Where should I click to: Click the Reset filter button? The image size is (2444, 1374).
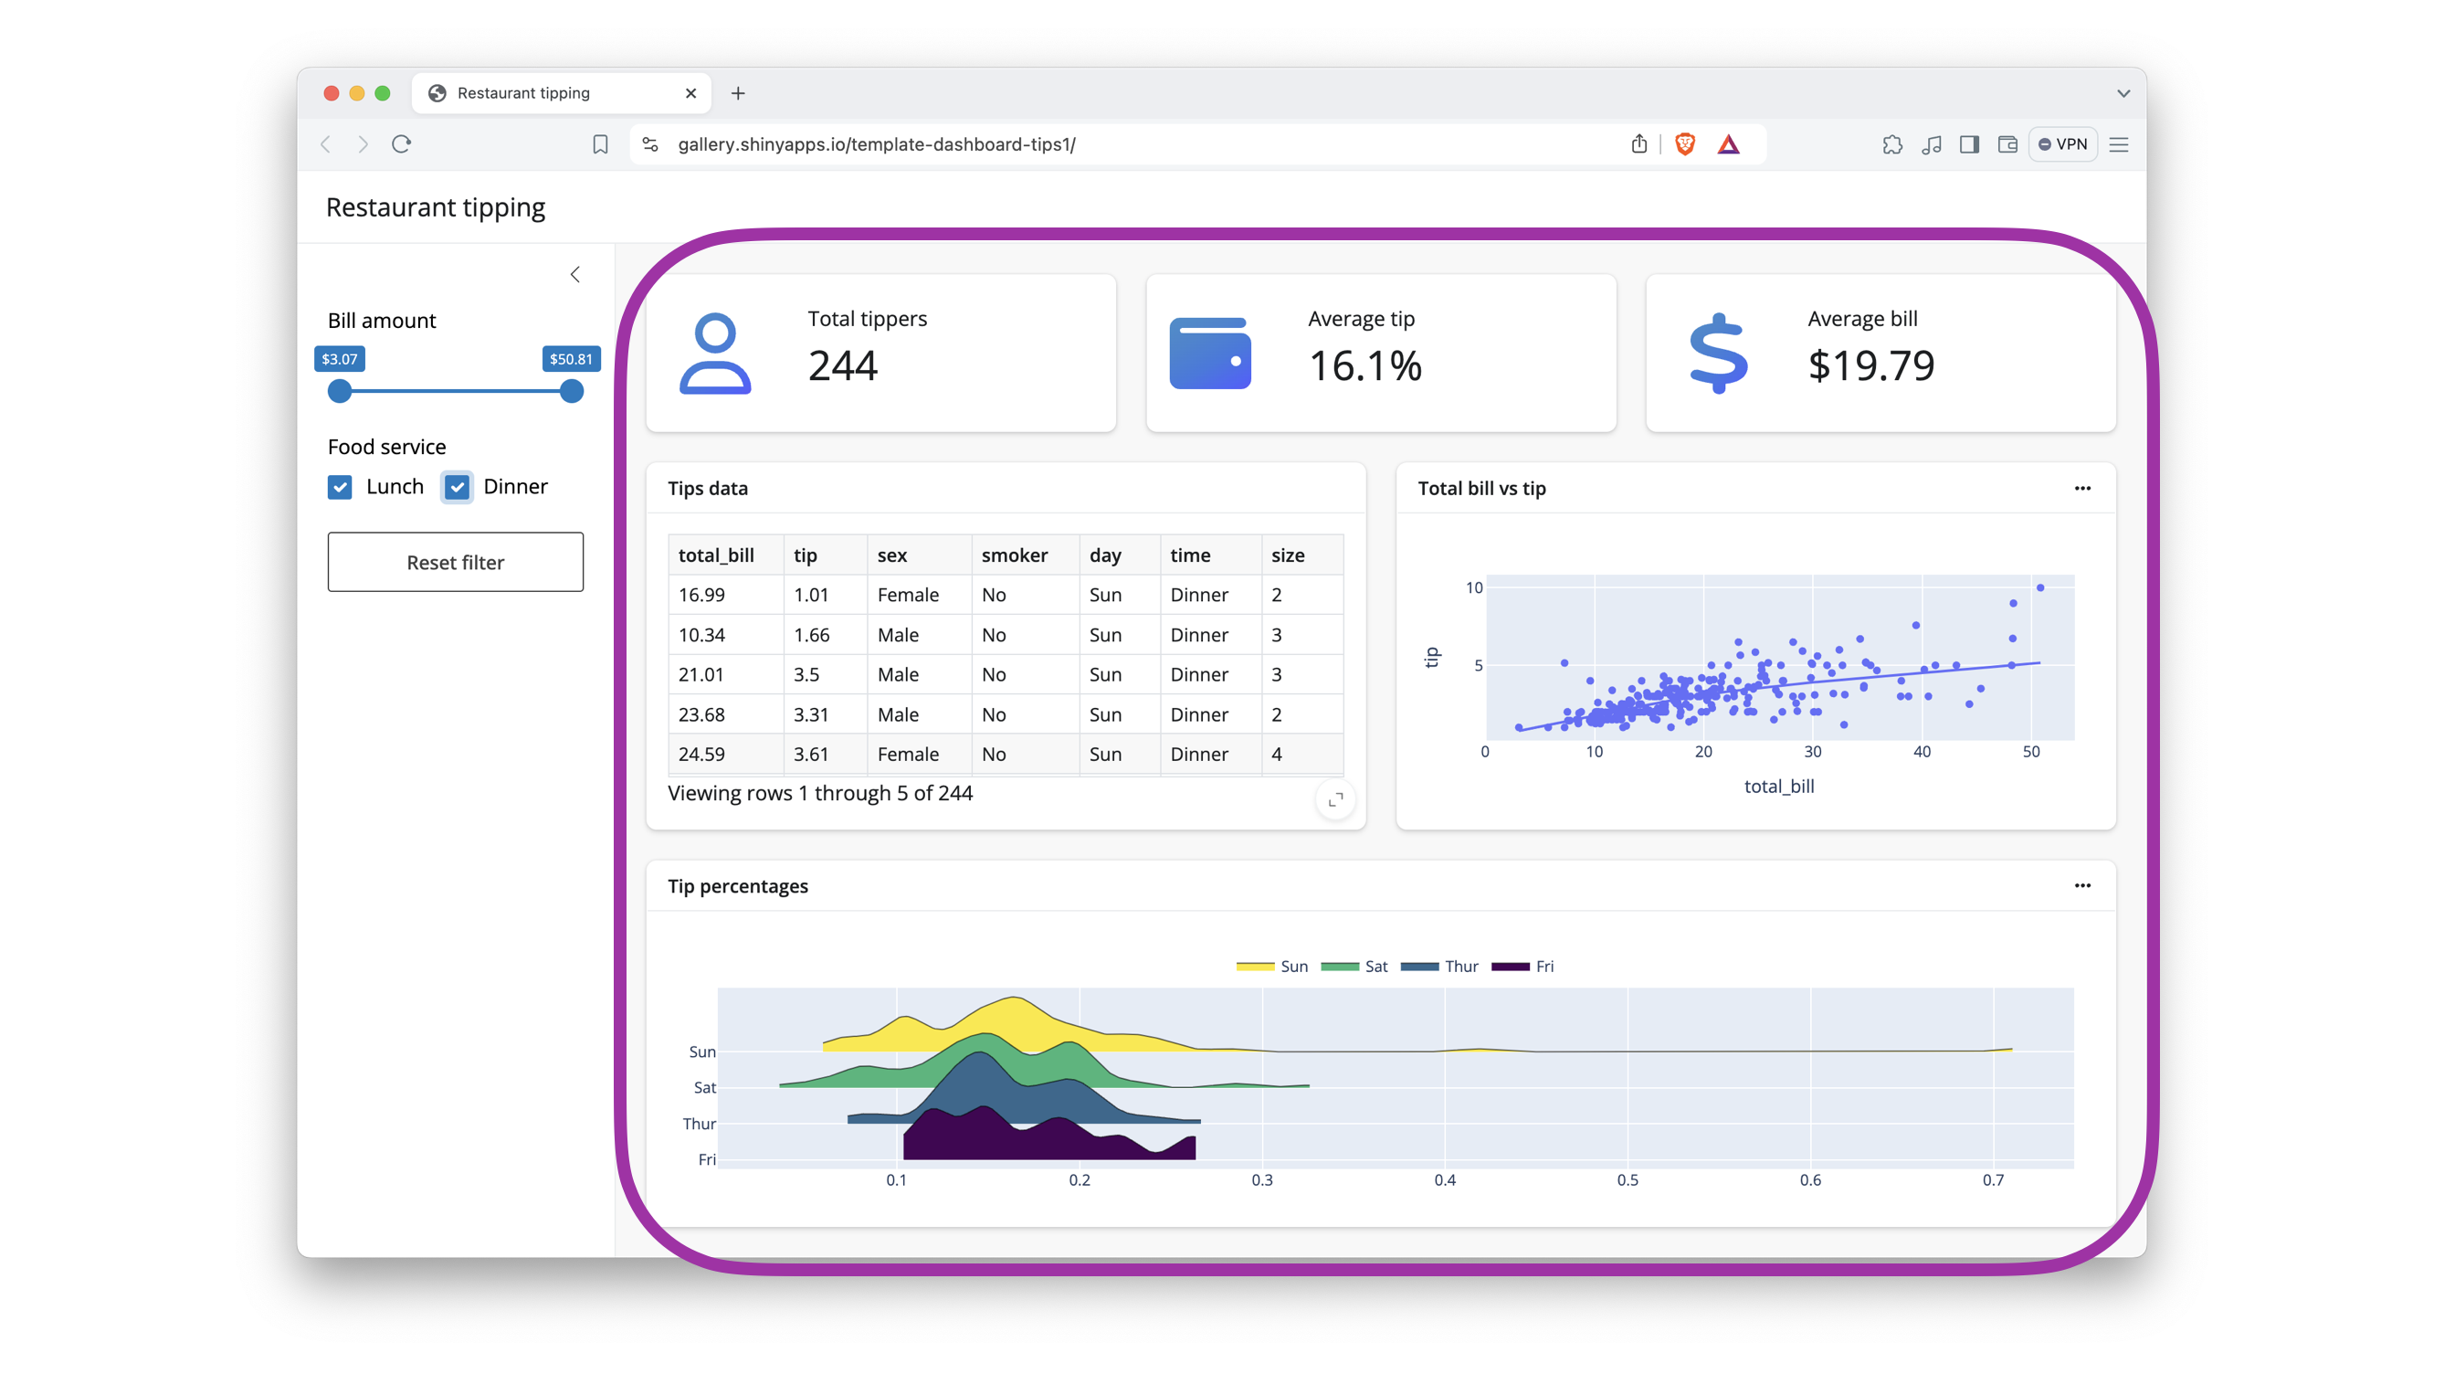click(456, 562)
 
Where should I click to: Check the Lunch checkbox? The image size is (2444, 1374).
click(340, 487)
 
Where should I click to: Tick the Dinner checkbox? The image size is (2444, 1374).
click(458, 487)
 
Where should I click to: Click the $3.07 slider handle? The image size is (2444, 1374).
click(340, 391)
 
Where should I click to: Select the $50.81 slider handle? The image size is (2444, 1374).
click(571, 391)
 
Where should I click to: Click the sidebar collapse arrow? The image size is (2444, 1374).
click(575, 274)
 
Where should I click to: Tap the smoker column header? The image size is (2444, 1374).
click(1014, 555)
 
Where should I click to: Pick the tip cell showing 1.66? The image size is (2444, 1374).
click(811, 635)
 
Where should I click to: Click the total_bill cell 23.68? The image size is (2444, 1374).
click(701, 714)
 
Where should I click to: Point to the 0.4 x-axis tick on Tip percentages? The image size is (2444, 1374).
click(1444, 1179)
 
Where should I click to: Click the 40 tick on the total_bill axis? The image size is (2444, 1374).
click(1922, 752)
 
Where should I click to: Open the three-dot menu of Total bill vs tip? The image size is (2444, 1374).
click(2081, 488)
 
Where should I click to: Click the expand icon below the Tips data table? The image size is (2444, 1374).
click(1336, 800)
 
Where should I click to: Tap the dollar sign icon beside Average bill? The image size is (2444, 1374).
click(1718, 353)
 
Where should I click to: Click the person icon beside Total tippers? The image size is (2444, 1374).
click(715, 353)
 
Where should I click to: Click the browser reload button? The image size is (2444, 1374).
click(401, 144)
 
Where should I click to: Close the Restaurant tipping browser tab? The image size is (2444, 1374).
click(690, 93)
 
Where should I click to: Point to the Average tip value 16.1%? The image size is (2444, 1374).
click(1365, 366)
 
